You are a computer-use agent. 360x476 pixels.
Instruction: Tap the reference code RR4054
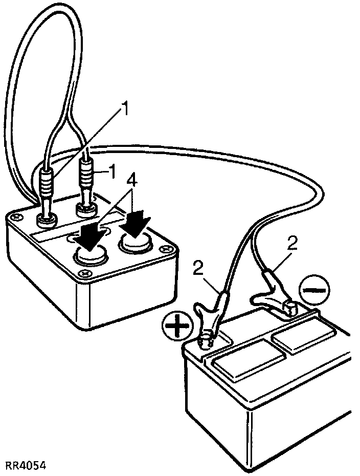(26, 466)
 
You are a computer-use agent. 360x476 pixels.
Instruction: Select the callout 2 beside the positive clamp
(200, 267)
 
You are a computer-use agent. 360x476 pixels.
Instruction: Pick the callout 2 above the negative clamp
(292, 243)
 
